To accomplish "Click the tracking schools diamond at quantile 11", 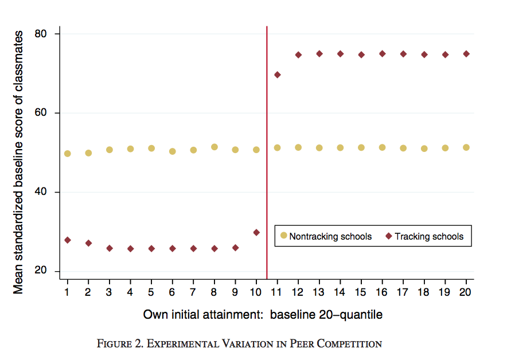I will coord(278,75).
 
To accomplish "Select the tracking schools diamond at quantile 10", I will coord(256,233).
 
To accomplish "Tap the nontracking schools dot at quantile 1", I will coord(68,154).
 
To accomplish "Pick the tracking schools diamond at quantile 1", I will coord(68,240).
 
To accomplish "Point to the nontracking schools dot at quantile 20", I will coord(466,147).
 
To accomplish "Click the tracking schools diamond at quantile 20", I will coord(466,54).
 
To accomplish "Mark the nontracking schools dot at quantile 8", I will coord(214,147).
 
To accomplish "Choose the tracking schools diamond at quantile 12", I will coord(298,55).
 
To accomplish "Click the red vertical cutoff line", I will coord(267,172).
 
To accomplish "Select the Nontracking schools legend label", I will coord(330,236).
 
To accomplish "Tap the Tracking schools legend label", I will coord(429,236).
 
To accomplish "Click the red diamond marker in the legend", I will coord(388,236).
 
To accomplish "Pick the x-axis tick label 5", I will coord(151,292).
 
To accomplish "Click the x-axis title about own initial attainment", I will coord(263,315).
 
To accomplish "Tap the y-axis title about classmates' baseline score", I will coord(19,162).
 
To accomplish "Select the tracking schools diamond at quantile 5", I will coord(151,249).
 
